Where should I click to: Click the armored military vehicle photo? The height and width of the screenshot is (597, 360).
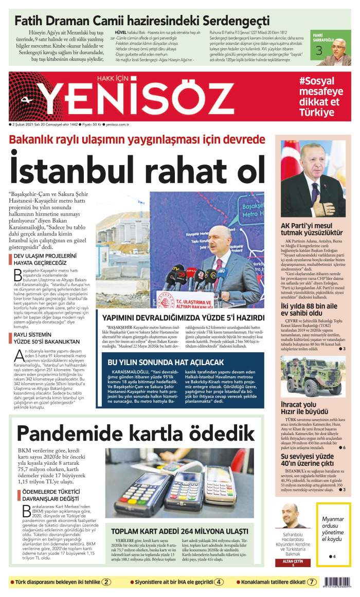pos(313,376)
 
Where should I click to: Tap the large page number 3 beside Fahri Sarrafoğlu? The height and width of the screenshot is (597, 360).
pos(319,51)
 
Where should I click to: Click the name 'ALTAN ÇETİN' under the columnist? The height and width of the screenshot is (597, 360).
pos(294,562)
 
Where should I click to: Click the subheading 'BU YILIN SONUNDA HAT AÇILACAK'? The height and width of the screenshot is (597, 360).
pos(166,362)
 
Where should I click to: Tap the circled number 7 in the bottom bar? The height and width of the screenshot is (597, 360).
pos(312,582)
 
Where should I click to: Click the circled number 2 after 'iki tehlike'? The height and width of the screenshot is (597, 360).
pos(106,582)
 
